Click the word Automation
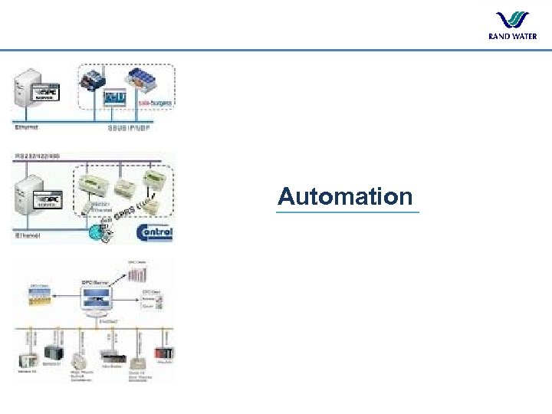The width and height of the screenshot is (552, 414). click(x=345, y=196)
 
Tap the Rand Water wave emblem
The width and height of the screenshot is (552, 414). click(x=512, y=21)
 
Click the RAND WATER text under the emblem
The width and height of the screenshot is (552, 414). click(x=512, y=36)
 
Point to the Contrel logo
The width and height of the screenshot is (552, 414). click(x=154, y=232)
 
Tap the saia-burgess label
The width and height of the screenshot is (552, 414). click(x=153, y=100)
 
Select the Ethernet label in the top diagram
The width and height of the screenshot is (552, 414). click(x=28, y=127)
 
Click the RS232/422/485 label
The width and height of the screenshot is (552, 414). click(x=38, y=156)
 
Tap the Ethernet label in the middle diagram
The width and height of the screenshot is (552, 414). click(x=28, y=237)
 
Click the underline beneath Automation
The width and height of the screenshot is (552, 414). click(x=348, y=212)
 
